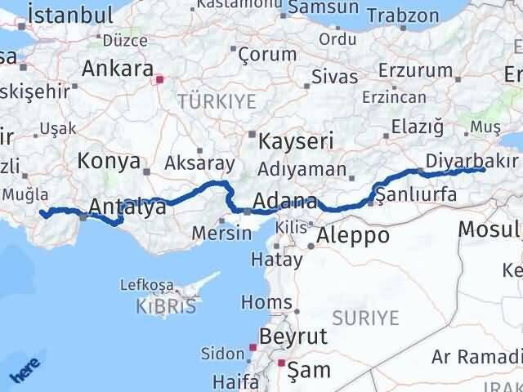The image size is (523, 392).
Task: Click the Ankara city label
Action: point(118,68)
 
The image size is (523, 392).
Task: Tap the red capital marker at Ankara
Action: point(160,80)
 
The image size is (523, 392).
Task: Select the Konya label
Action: point(109,162)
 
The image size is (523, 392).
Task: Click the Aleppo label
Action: point(355,236)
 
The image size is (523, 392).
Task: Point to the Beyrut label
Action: point(293,336)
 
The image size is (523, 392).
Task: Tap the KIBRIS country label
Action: point(167,307)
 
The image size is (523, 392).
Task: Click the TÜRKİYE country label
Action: point(217,101)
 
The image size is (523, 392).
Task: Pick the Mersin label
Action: point(221,233)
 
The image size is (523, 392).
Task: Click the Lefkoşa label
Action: point(146,285)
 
